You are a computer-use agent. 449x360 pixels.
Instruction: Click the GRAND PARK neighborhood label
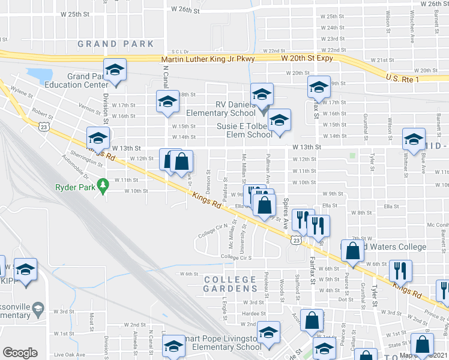[115, 44]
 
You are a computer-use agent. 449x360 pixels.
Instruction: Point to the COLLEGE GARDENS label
[230, 284]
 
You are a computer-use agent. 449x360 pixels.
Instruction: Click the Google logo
[20, 353]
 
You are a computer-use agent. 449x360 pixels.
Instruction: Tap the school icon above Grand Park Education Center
[115, 71]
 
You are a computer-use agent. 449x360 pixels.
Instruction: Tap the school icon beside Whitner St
[414, 142]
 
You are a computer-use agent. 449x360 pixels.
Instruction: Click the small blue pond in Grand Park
[39, 75]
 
